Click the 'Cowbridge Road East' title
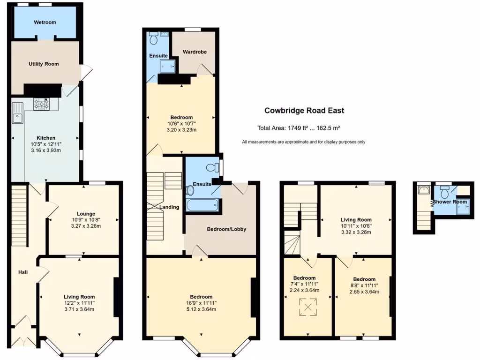(x=304, y=111)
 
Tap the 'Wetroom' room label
(x=45, y=22)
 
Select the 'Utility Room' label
(x=44, y=64)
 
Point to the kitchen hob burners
(x=42, y=104)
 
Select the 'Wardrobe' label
(x=195, y=52)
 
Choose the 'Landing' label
(x=169, y=207)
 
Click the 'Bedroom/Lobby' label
(x=226, y=229)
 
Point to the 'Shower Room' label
(x=450, y=202)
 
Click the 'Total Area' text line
(x=305, y=128)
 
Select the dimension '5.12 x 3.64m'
(x=201, y=309)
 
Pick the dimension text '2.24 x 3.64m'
(x=305, y=290)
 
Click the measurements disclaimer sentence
(x=304, y=142)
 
